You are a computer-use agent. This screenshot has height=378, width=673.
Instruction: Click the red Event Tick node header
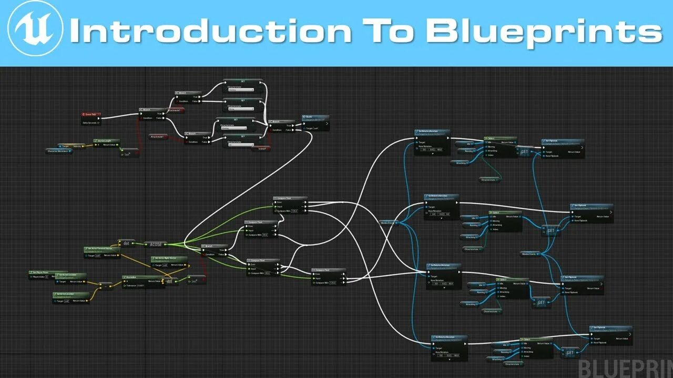point(90,114)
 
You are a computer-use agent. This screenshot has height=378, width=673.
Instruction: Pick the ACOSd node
point(155,244)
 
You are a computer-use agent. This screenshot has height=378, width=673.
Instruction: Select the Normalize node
point(132,277)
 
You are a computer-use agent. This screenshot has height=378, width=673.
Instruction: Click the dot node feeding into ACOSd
point(127,243)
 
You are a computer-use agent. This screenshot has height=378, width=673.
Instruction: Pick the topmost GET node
point(524,151)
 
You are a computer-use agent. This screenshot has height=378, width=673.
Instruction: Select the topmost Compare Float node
point(290,198)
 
